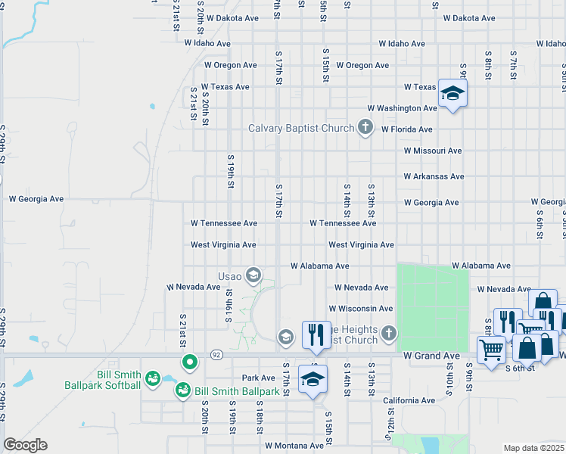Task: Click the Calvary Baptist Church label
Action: tap(301, 128)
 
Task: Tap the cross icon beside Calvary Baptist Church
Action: tap(365, 127)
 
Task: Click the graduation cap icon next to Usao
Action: tap(253, 275)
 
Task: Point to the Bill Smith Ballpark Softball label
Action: tap(119, 380)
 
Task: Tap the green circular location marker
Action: tap(190, 362)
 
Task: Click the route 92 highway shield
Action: tap(216, 353)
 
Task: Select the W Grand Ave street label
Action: tap(431, 356)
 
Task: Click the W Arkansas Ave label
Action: tap(434, 176)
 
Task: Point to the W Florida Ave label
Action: tap(407, 129)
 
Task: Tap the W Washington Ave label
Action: tap(402, 108)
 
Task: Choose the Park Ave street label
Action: tap(258, 378)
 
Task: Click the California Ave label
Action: tap(409, 400)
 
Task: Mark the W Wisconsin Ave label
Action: tap(360, 309)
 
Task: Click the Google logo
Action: tap(25, 445)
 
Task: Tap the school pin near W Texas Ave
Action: tap(452, 93)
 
